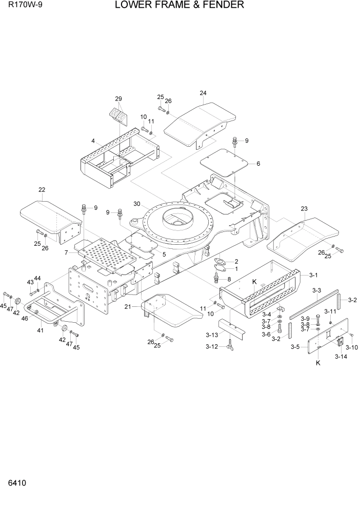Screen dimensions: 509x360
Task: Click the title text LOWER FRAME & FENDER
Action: click(179, 6)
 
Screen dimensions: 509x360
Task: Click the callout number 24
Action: click(203, 93)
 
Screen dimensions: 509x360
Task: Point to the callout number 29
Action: click(118, 99)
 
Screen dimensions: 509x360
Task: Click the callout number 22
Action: click(42, 190)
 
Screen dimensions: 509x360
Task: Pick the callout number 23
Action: click(304, 209)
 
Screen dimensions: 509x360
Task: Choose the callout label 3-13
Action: click(212, 335)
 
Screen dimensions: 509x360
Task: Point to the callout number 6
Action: click(258, 164)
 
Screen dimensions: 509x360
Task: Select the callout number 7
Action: click(66, 253)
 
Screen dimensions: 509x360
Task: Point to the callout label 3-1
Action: click(313, 275)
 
